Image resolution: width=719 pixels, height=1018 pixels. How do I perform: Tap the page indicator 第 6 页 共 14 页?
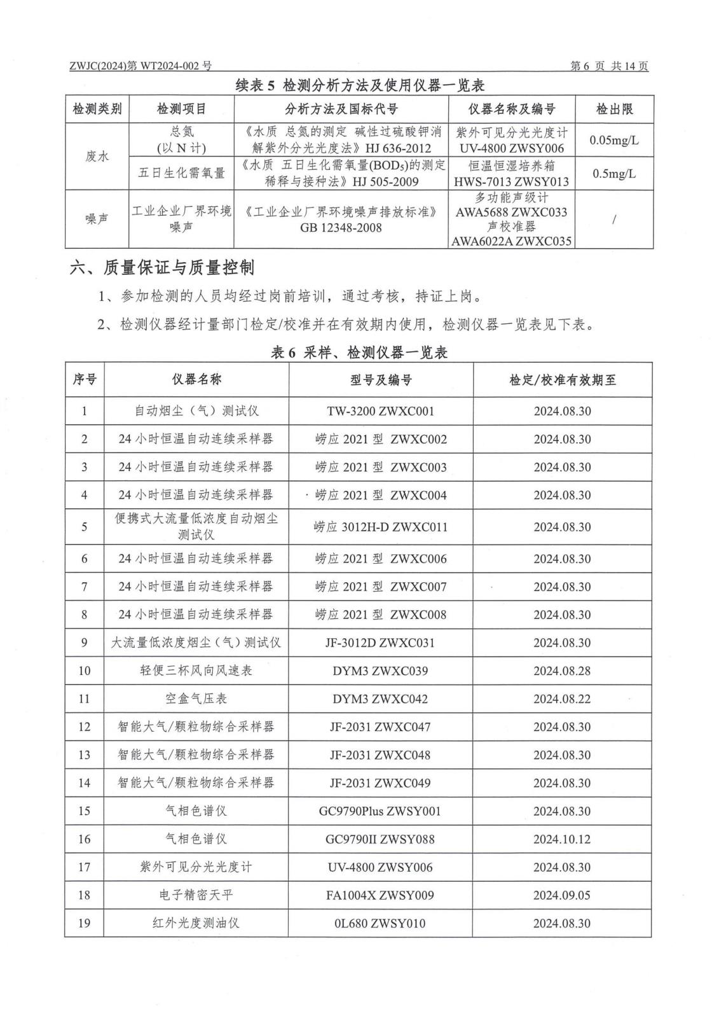point(609,66)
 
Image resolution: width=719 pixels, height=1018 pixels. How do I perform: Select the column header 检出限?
point(614,109)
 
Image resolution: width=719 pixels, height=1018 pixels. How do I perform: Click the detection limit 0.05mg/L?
point(614,140)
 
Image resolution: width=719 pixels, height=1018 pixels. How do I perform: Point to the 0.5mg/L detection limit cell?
point(614,173)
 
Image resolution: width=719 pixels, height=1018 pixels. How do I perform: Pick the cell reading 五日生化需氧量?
point(182,173)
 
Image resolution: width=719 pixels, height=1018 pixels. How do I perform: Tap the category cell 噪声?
point(97,219)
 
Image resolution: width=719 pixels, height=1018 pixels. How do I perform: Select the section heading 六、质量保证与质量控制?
point(162,268)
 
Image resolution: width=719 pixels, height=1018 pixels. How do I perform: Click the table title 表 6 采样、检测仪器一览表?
point(359,352)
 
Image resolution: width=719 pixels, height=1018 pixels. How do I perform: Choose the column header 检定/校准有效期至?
point(563,380)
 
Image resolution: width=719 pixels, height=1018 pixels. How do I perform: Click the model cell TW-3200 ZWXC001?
point(381,411)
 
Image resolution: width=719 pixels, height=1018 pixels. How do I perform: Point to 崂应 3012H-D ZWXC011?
point(381,527)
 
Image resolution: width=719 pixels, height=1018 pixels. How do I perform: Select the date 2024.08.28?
point(562,671)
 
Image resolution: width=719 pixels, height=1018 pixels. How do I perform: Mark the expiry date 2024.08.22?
point(562,699)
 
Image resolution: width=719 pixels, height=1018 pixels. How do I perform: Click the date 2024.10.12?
point(562,839)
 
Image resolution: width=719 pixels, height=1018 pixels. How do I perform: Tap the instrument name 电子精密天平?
point(196,895)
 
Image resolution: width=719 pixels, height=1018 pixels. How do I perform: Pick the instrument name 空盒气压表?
point(196,699)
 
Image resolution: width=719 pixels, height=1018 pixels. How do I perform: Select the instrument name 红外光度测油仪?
point(196,923)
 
